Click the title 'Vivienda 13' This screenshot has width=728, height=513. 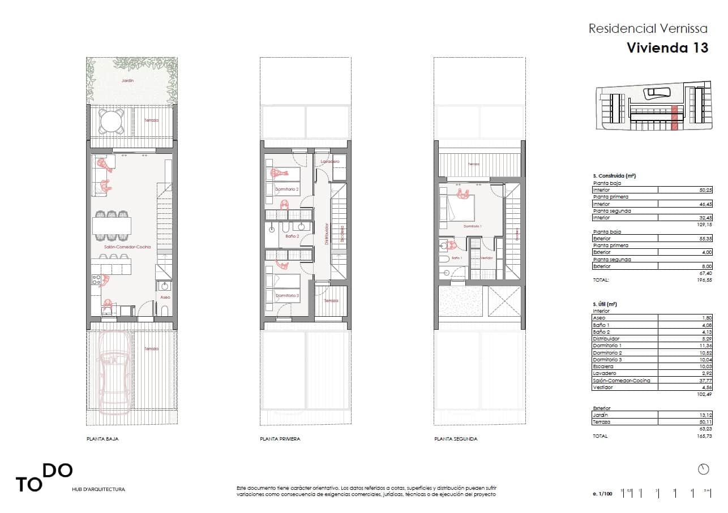[x=667, y=48]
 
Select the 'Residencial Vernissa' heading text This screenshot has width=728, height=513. [x=648, y=28]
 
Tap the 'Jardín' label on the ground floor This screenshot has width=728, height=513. [x=127, y=81]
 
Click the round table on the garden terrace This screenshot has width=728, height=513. [x=111, y=120]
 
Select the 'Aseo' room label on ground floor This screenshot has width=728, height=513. [x=165, y=297]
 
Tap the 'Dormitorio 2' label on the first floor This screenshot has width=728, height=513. [x=286, y=189]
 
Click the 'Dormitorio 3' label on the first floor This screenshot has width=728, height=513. [x=286, y=295]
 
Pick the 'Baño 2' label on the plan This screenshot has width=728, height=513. [x=292, y=236]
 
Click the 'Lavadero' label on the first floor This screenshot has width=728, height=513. [x=329, y=162]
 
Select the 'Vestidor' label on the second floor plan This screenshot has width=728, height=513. [x=486, y=258]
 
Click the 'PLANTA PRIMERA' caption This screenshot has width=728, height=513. [x=280, y=439]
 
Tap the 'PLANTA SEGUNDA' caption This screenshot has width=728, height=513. [x=456, y=439]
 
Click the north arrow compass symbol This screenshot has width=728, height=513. [x=704, y=469]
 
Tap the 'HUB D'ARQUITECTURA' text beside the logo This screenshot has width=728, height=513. [x=99, y=489]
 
